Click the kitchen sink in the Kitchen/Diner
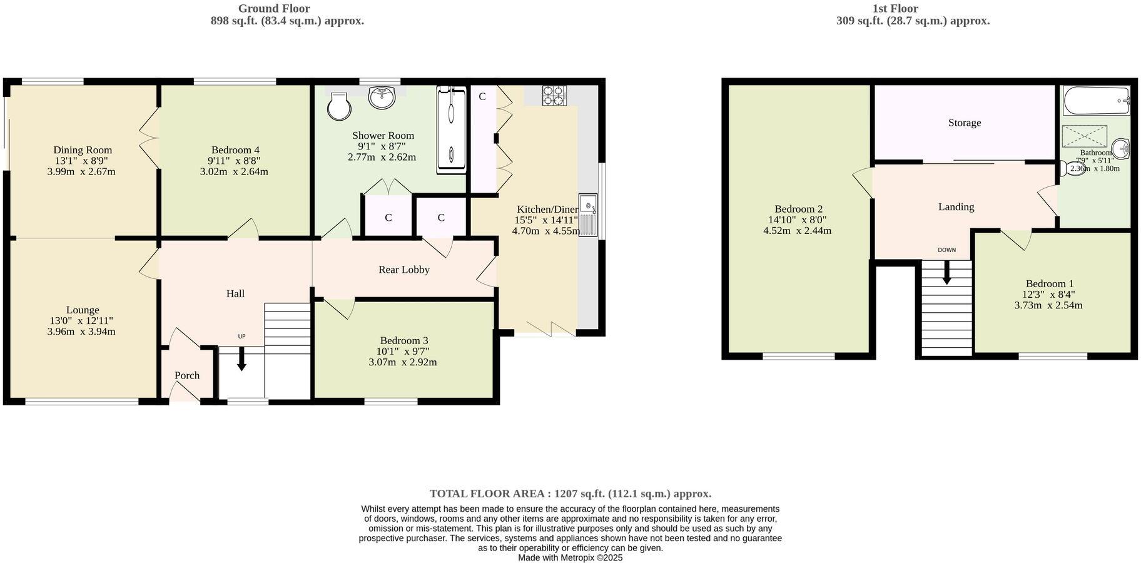(588, 215)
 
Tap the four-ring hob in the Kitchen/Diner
(554, 95)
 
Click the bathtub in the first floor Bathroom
(1097, 101)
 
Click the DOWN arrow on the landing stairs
(947, 271)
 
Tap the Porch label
(187, 375)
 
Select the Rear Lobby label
(404, 270)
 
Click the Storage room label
(964, 123)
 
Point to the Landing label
(956, 206)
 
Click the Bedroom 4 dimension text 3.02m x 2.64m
(234, 171)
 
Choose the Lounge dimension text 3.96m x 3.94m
(81, 332)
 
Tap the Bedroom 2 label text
(798, 209)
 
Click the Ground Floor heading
(274, 9)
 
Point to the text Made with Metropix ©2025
(570, 558)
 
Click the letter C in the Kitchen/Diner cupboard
(482, 96)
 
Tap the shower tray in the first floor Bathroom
(1085, 136)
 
